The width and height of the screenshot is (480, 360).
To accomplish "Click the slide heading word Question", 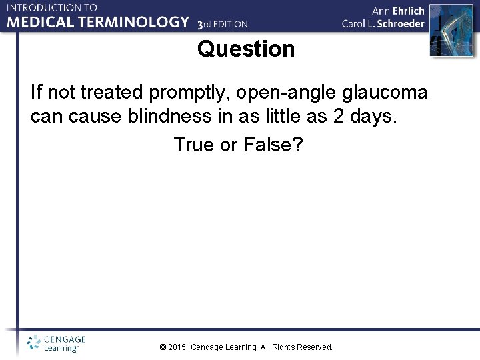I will point(245,49).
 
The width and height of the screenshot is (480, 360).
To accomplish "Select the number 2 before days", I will point(339,117).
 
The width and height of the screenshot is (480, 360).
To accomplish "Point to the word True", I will point(195,143).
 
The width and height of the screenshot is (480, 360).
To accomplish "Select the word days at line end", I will point(372,117).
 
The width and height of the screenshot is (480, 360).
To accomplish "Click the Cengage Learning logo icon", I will point(33,343).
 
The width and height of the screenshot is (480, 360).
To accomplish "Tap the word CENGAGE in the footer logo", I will point(64,339).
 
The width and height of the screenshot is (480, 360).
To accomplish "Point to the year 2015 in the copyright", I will point(178,347).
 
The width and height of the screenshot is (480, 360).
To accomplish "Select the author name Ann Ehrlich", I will point(398,11).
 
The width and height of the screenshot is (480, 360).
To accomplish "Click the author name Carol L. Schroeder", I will point(383,23).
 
